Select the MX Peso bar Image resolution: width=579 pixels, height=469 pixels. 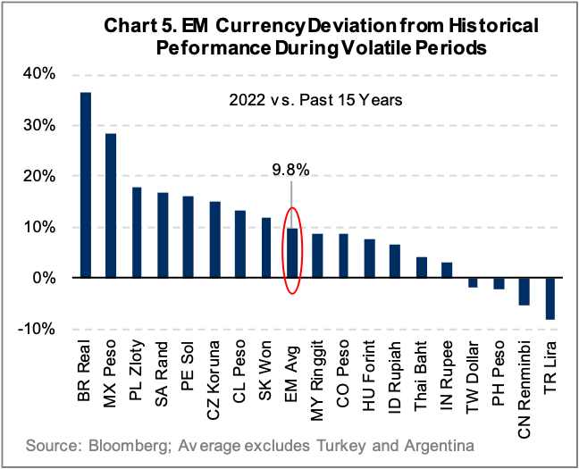tap(111, 205)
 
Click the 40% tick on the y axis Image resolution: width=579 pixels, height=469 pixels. tap(38, 73)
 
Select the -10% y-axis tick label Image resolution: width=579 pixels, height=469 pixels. tap(36, 330)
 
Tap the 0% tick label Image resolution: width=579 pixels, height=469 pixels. tap(42, 279)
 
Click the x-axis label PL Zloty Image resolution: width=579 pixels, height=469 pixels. tap(137, 372)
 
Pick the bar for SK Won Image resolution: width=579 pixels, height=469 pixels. tap(266, 247)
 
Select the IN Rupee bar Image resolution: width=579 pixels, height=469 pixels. tap(447, 270)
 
